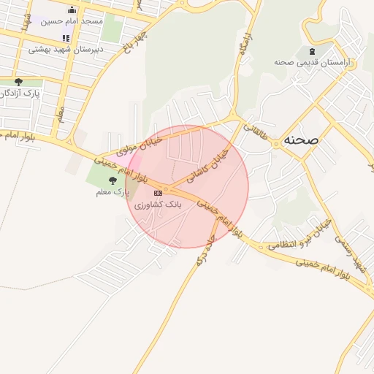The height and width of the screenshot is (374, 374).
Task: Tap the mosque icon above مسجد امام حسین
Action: pos(72,9)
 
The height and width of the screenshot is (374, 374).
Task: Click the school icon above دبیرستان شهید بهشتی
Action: pos(66,38)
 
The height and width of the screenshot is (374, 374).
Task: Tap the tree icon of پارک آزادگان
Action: pos(18,82)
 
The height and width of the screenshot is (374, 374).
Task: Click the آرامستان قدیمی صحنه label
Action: pos(318,63)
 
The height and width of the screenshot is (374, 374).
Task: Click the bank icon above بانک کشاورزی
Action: pos(159,193)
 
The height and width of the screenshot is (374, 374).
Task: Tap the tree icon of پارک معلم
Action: pos(112,180)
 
